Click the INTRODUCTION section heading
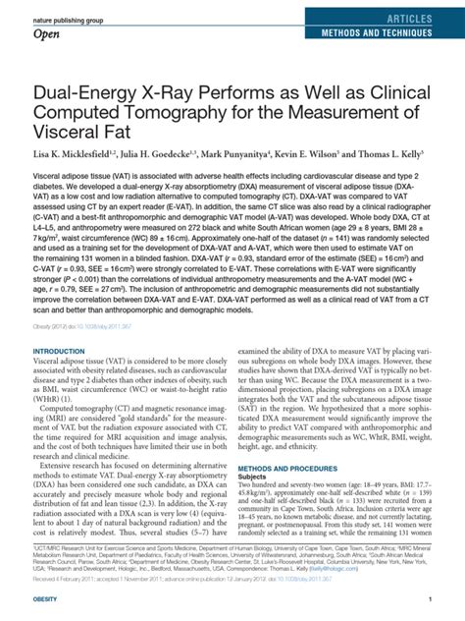pos(61,351)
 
